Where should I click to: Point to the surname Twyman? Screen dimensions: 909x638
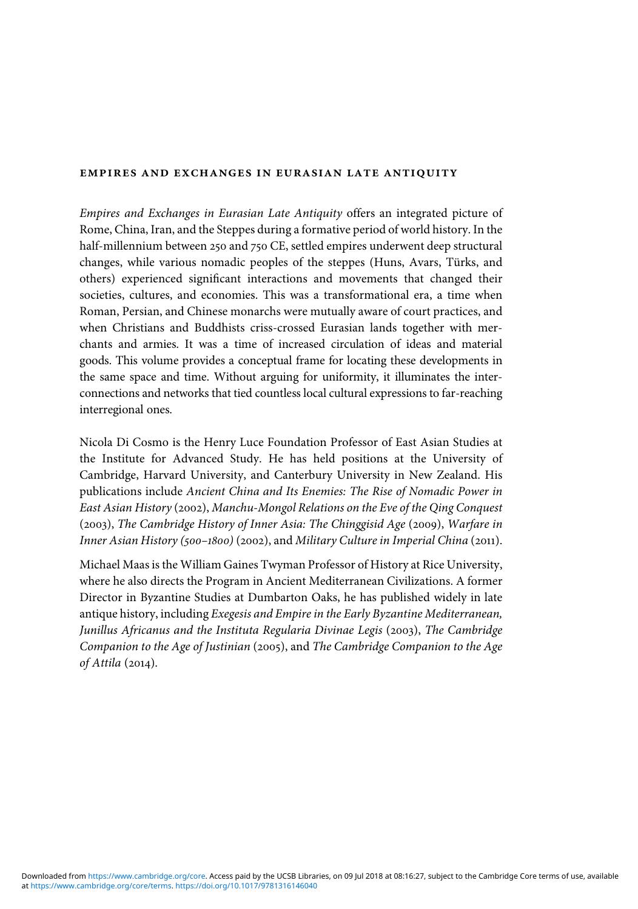(x=282, y=565)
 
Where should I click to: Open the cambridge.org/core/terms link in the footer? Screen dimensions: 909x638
(x=101, y=886)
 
